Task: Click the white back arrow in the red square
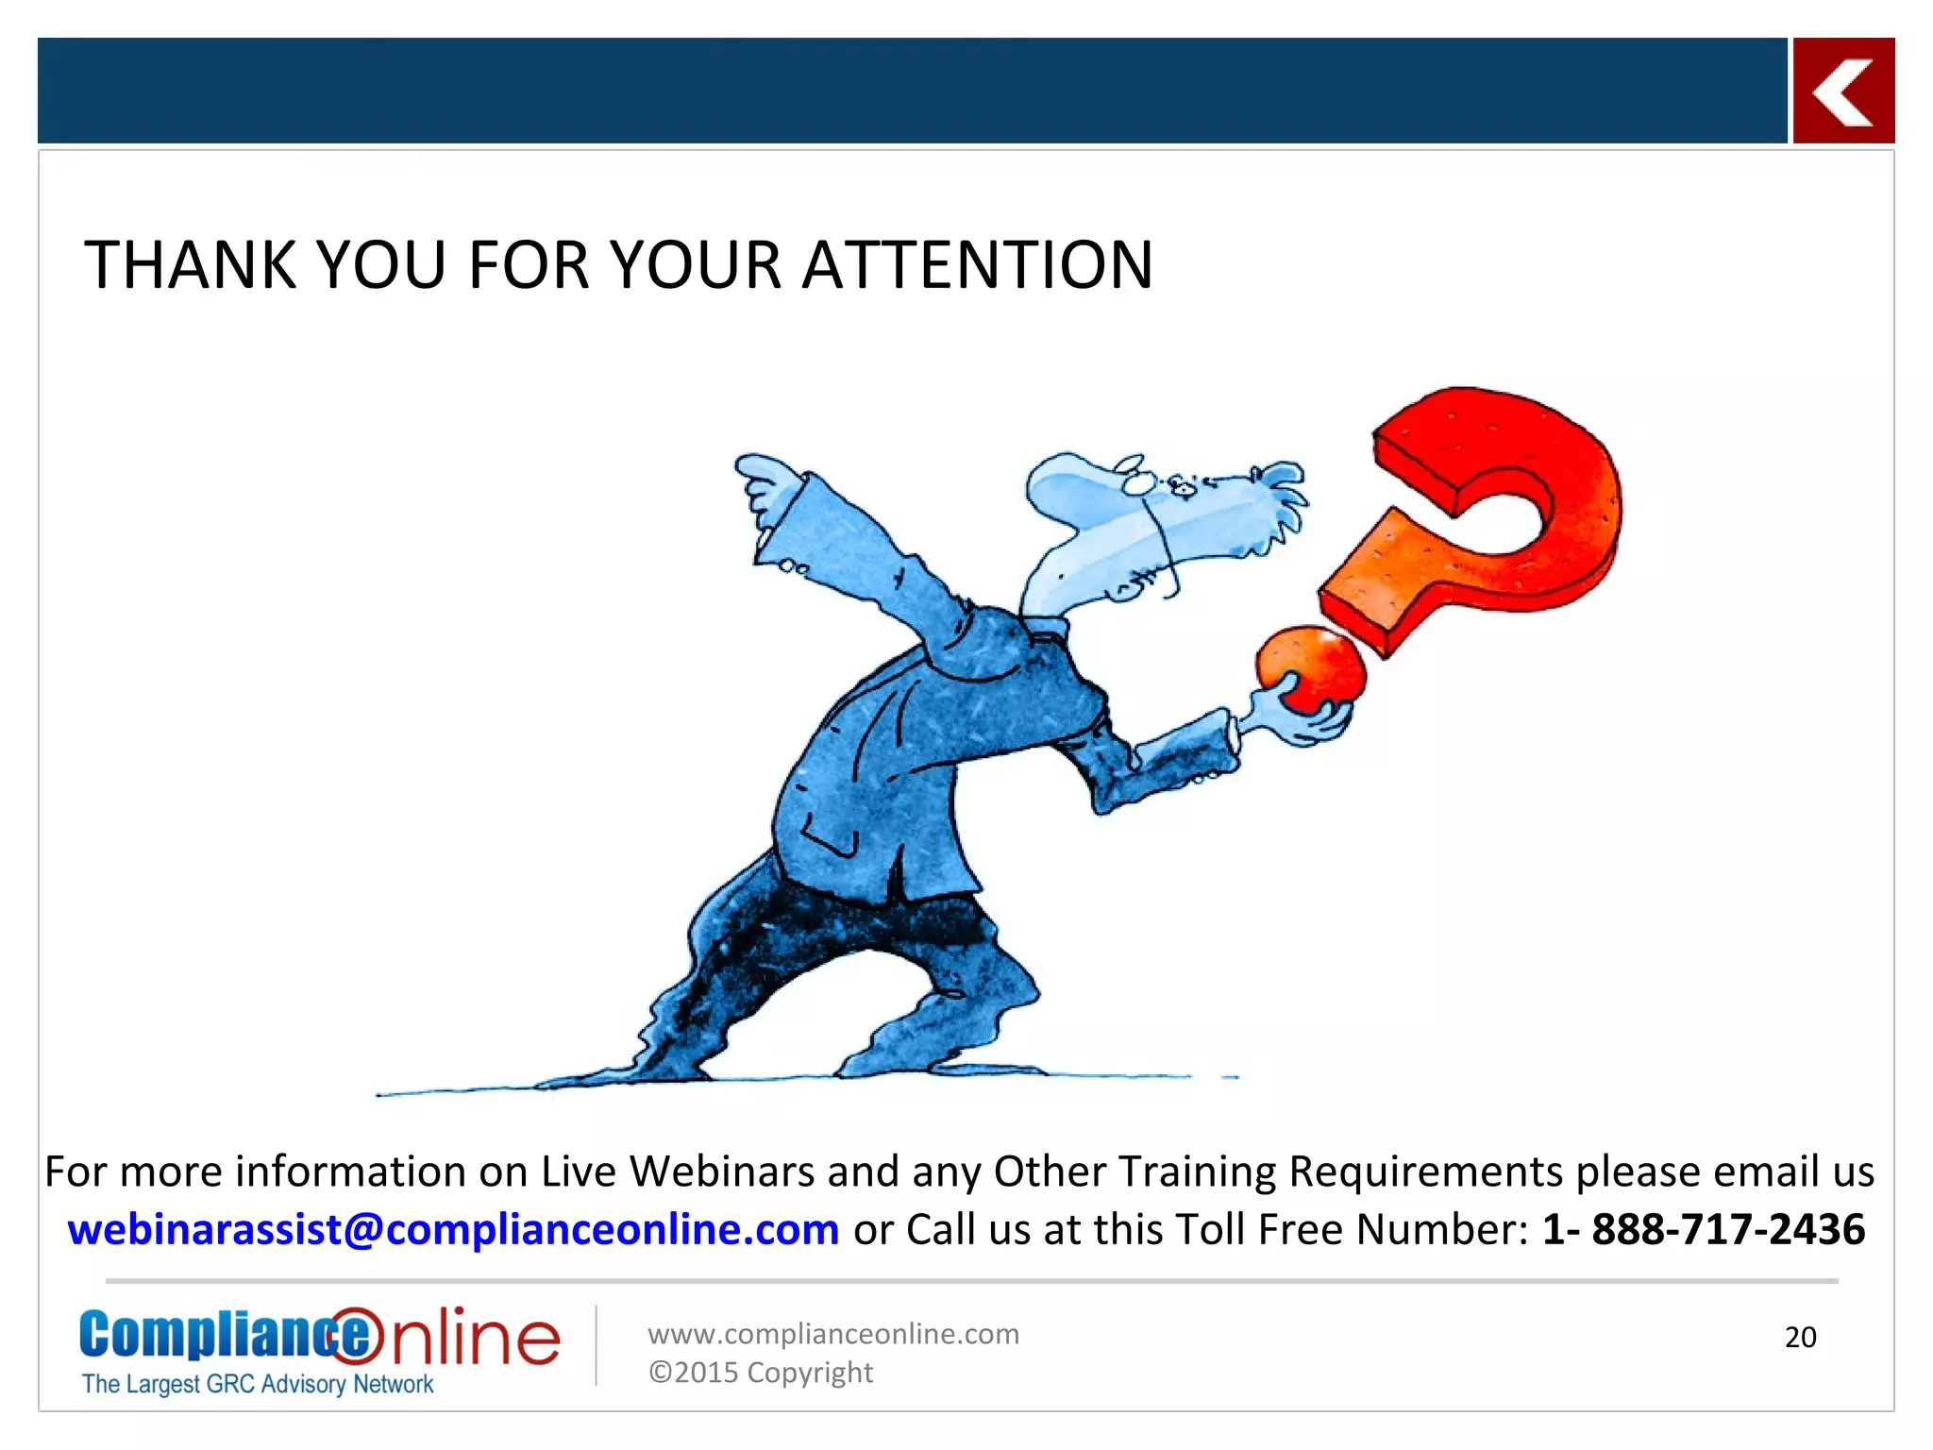click(1843, 92)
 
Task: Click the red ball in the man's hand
click(1311, 667)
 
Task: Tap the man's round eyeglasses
click(1136, 479)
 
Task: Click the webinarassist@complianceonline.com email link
click(453, 1229)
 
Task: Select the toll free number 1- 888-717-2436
click(1704, 1229)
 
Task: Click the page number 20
click(1800, 1337)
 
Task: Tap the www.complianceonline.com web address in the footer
click(833, 1334)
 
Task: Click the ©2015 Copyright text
click(761, 1373)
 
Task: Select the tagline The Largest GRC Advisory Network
click(258, 1384)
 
